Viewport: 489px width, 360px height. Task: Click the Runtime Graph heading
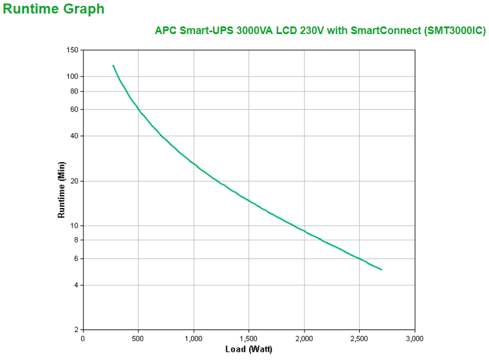[54, 9]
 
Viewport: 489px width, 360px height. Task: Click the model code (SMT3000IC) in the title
[454, 31]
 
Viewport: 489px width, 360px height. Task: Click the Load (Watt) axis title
[249, 349]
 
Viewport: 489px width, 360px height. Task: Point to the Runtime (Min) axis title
[61, 190]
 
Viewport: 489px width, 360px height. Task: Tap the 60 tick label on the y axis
[74, 109]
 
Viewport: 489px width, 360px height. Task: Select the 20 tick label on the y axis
[74, 181]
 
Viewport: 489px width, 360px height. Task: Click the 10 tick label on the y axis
[74, 226]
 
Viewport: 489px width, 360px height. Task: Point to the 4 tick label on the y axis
[76, 285]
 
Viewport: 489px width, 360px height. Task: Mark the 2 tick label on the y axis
[76, 329]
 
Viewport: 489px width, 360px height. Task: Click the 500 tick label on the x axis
[138, 338]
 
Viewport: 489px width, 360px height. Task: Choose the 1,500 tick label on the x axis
[249, 338]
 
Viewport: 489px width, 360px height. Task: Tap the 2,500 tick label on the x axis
[359, 338]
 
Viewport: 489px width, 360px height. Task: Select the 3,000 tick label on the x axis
[414, 338]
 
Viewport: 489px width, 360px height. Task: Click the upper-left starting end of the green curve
[113, 65]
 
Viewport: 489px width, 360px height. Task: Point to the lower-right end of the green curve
[381, 270]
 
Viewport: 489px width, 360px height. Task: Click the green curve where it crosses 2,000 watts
[304, 231]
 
